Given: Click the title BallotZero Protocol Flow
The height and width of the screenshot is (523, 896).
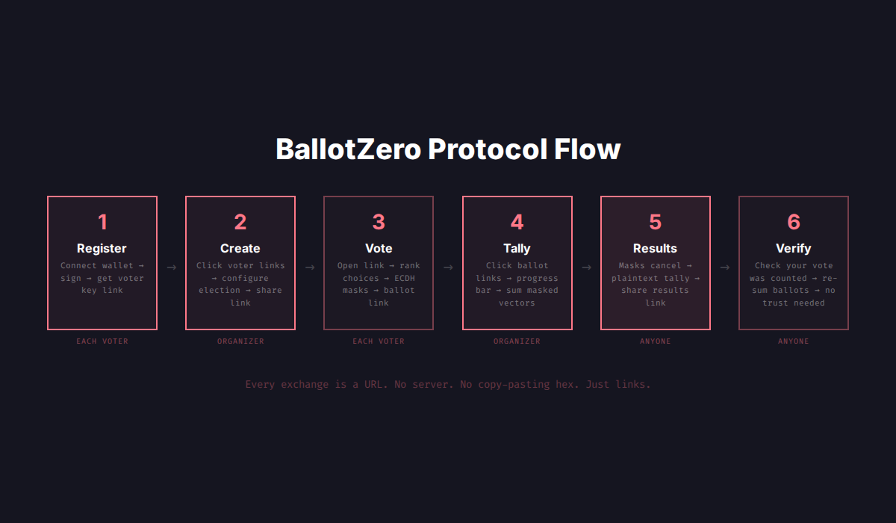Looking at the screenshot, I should [x=448, y=149].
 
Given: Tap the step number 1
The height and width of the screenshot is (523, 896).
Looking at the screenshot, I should [x=102, y=222].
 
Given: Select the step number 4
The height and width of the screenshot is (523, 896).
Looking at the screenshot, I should [x=517, y=222].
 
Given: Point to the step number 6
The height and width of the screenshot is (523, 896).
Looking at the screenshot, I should [x=794, y=222].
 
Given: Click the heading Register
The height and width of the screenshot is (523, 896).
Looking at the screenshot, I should [x=102, y=248].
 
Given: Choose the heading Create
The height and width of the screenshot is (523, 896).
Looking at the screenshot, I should [x=240, y=248].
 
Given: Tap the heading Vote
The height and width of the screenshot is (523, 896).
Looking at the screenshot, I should [x=379, y=248].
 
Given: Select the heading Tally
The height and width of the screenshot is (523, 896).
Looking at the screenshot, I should [x=517, y=248].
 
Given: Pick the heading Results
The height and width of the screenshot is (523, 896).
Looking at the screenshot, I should [x=655, y=248].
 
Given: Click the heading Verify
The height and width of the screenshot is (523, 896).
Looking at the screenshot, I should [x=794, y=248].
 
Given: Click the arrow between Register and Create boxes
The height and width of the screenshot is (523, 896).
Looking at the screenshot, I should [x=172, y=267].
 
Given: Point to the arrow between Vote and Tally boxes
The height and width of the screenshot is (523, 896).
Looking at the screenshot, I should [x=448, y=267].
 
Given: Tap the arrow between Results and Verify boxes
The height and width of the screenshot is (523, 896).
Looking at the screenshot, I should [x=724, y=267].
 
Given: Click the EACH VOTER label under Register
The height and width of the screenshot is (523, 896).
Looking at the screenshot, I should [x=102, y=341].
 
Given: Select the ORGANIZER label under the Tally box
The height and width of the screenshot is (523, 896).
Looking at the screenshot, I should [x=517, y=341].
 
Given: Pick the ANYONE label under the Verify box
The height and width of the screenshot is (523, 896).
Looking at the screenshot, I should [x=794, y=341].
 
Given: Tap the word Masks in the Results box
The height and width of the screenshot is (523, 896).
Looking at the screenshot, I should [x=632, y=266].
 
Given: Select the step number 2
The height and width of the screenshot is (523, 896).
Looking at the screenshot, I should [x=240, y=222].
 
